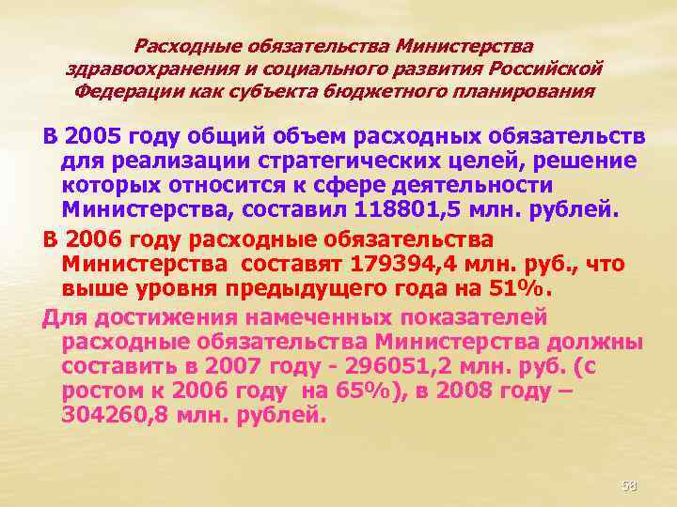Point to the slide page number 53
pos(629,485)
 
